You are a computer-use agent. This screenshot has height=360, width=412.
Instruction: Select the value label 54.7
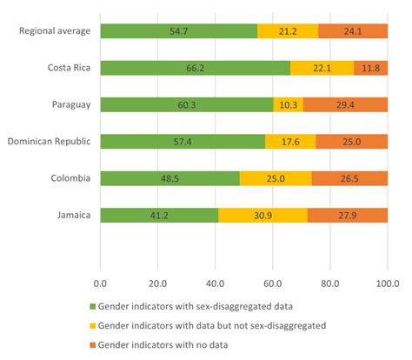pos(179,31)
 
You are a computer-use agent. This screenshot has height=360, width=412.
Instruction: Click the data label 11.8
pos(369,68)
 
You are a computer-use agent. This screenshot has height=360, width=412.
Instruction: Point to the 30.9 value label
pos(262,215)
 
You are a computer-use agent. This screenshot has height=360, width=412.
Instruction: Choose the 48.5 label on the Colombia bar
pos(170,178)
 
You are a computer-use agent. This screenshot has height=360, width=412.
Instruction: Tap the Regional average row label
pos(53,31)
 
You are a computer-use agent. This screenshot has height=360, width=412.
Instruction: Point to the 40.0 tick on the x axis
pos(215,283)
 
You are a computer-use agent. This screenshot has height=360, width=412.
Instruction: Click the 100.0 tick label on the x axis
pos(386,283)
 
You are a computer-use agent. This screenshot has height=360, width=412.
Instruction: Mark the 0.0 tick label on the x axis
pos(100,283)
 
